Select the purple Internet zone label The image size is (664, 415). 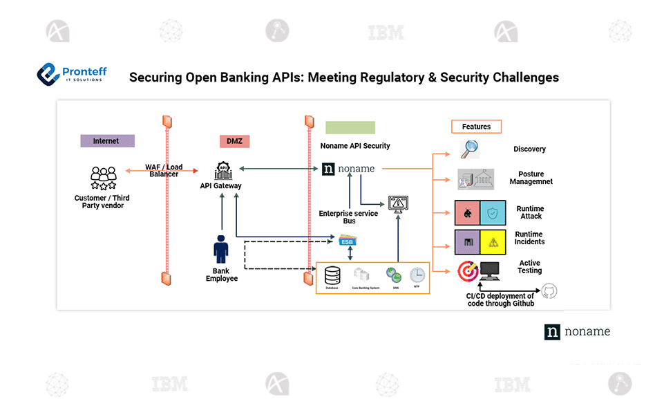click(x=106, y=141)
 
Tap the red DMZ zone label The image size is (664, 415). click(x=234, y=141)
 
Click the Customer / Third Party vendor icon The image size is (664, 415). click(x=103, y=178)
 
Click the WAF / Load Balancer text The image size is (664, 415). click(x=164, y=170)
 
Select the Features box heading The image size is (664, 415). click(x=476, y=127)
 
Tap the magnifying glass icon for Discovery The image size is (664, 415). click(x=470, y=149)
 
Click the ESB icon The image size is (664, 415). click(x=348, y=241)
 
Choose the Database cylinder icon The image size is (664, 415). click(x=332, y=276)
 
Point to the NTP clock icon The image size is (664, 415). click(x=417, y=275)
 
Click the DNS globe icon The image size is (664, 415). click(x=394, y=275)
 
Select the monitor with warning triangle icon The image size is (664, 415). click(x=398, y=204)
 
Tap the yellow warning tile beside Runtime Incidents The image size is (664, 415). click(x=493, y=242)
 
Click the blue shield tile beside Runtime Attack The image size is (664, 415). click(x=493, y=213)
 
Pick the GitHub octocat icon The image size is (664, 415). click(x=549, y=291)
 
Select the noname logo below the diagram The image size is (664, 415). click(x=577, y=331)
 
